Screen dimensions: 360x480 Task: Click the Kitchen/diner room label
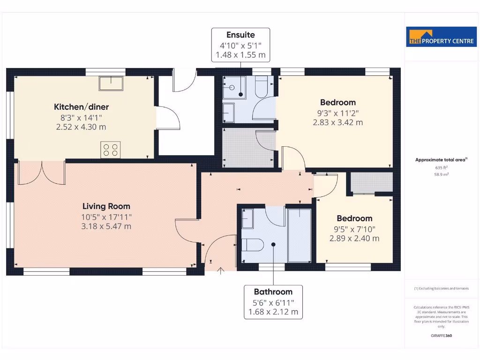(x=81, y=107)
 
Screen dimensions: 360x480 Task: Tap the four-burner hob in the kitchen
(x=110, y=150)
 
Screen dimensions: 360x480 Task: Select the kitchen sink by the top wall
(x=111, y=83)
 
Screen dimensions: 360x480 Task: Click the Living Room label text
(x=106, y=206)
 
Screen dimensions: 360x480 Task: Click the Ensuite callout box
(x=240, y=45)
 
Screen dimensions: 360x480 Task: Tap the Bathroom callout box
(x=273, y=301)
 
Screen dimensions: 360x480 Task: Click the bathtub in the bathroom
(x=299, y=234)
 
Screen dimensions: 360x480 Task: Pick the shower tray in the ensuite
(x=234, y=88)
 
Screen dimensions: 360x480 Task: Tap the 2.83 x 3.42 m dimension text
(x=338, y=123)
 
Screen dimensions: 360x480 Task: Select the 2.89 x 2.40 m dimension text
(x=354, y=238)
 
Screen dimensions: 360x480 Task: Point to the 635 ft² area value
(x=441, y=167)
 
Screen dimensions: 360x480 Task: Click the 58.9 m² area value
(x=441, y=174)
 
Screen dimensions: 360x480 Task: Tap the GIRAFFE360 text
(x=441, y=336)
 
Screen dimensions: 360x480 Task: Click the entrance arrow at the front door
(x=221, y=270)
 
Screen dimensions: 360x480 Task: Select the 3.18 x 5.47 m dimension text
(x=106, y=226)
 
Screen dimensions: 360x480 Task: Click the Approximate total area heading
(x=441, y=160)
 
